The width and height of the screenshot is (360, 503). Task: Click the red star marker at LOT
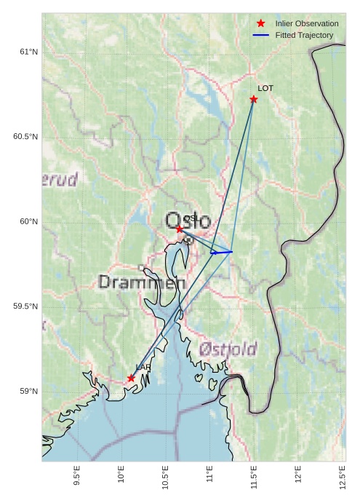click(254, 99)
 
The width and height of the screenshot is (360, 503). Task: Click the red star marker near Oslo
click(180, 229)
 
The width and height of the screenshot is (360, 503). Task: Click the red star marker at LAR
click(132, 379)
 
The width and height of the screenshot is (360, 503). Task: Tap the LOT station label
click(265, 88)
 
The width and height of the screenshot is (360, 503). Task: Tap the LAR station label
click(143, 368)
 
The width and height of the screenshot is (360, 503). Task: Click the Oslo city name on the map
click(188, 221)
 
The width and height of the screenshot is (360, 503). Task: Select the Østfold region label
click(228, 349)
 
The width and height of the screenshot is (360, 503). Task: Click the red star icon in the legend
click(260, 23)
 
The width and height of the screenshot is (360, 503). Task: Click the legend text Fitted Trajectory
click(304, 35)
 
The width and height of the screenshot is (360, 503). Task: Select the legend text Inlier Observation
click(307, 23)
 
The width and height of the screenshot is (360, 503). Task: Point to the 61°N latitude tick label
click(28, 52)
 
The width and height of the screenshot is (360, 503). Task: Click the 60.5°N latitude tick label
click(25, 137)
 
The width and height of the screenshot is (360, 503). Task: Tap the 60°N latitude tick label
click(28, 221)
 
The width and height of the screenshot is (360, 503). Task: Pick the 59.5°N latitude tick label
click(25, 306)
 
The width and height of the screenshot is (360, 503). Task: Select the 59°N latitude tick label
click(28, 392)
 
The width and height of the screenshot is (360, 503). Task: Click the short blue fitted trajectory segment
click(221, 252)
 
